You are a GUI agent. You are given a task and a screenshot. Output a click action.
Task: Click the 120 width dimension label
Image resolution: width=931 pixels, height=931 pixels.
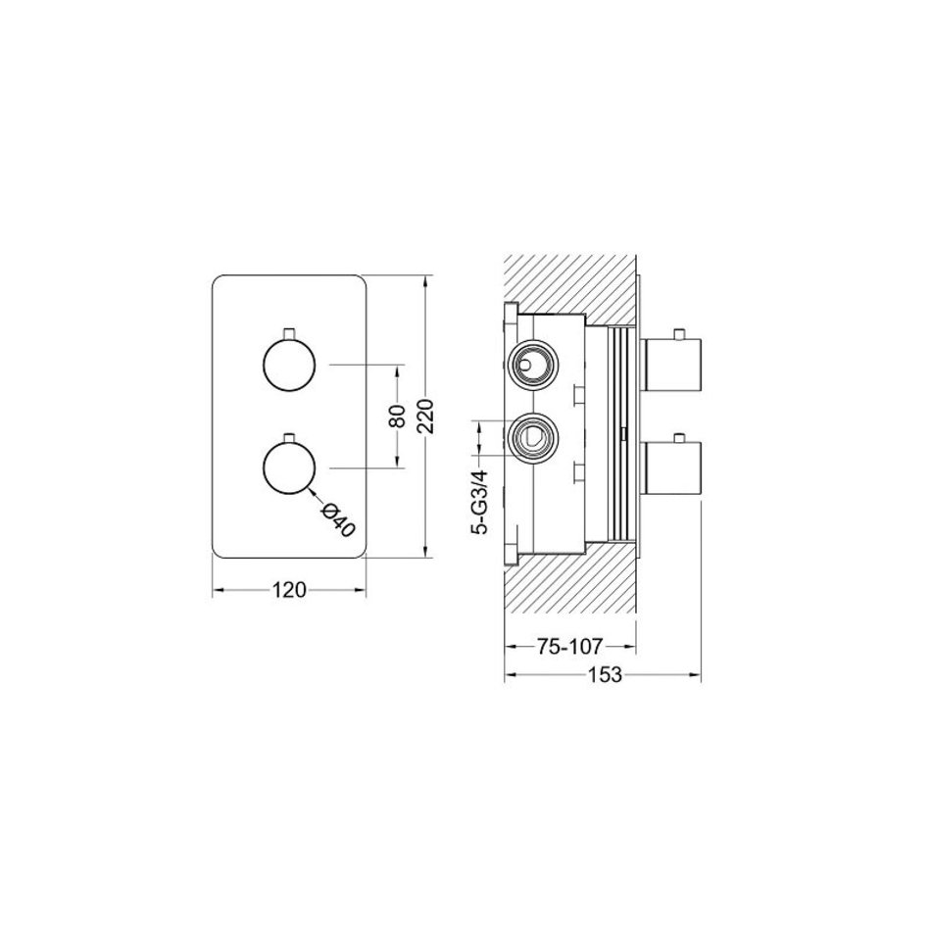click(289, 590)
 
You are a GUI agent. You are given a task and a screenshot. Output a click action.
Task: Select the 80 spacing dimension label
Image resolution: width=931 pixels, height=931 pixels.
click(397, 416)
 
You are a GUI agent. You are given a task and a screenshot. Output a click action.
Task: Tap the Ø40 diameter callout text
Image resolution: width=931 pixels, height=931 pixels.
click(337, 520)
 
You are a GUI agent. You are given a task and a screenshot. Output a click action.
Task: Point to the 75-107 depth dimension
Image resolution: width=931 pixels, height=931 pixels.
click(570, 646)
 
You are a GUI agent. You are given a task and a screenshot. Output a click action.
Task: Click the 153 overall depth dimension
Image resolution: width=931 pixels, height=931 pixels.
click(605, 674)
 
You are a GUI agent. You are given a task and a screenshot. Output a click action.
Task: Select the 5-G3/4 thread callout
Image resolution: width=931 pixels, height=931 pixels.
click(480, 502)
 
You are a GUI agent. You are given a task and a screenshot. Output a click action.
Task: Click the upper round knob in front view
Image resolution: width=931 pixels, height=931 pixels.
click(289, 366)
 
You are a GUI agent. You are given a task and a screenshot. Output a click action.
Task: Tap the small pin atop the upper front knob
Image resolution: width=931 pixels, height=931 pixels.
click(290, 333)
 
